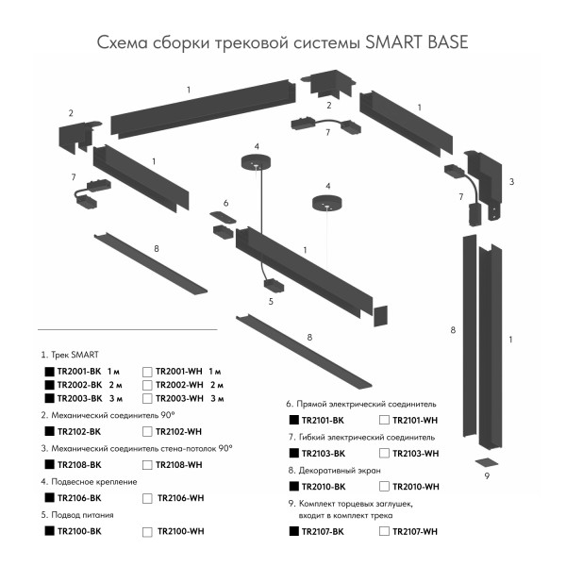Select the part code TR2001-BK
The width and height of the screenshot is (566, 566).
pyautogui.click(x=79, y=372)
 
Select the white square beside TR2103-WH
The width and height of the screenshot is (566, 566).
pyautogui.click(x=384, y=454)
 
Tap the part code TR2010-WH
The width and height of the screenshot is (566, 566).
pyautogui.click(x=416, y=487)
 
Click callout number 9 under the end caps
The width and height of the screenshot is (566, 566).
pyautogui.click(x=487, y=476)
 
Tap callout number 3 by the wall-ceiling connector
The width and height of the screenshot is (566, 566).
pyautogui.click(x=510, y=180)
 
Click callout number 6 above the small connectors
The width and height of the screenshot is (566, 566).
pyautogui.click(x=225, y=203)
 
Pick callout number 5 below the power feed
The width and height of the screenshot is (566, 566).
pyautogui.click(x=271, y=301)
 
